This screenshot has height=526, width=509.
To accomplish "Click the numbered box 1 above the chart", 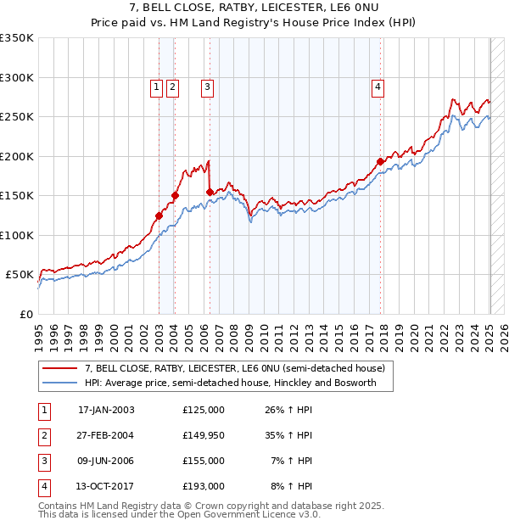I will (157, 86).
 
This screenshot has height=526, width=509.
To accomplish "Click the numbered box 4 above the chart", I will (378, 86).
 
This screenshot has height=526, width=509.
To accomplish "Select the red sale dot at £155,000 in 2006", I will (210, 192).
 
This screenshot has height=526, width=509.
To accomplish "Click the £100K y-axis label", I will (18, 235).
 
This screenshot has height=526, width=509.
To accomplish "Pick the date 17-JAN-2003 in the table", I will (106, 410).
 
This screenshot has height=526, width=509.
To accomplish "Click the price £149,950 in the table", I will (203, 435).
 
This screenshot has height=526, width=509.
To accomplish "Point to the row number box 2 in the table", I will (43, 435).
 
